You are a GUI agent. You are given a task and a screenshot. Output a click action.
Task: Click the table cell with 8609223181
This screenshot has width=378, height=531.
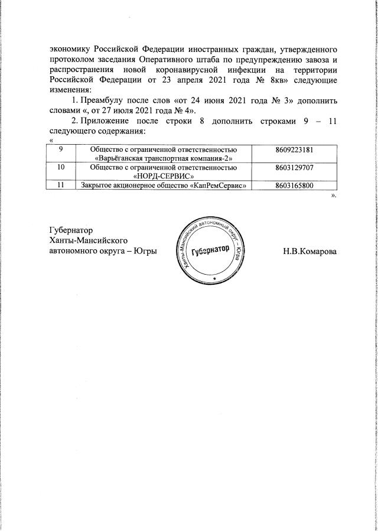(294, 151)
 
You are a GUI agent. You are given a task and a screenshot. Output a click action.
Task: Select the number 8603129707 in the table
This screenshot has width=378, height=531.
(294, 168)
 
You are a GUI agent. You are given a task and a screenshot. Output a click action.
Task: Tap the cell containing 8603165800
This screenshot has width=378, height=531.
(294, 186)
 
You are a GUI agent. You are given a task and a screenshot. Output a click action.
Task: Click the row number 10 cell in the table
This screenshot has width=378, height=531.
(62, 168)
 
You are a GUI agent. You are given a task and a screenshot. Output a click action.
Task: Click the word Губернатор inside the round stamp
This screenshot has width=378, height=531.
(210, 250)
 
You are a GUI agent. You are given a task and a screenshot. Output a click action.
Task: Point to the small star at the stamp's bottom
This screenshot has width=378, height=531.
(214, 277)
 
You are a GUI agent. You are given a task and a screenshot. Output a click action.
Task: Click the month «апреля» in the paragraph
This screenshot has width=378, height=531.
(181, 80)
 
